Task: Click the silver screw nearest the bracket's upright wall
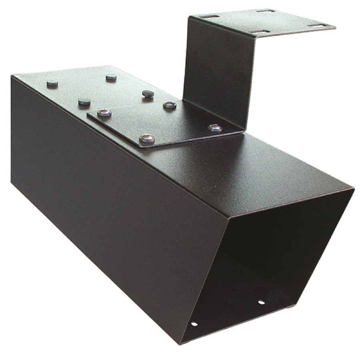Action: pyautogui.click(x=214, y=128)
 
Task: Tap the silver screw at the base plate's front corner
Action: pyautogui.click(x=147, y=139)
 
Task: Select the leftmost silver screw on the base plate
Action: pyautogui.click(x=104, y=113)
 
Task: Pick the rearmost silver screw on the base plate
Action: pyautogui.click(x=170, y=105)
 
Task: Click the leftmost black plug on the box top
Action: pyautogui.click(x=52, y=84)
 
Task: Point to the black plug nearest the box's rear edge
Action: pyautogui.click(x=111, y=77)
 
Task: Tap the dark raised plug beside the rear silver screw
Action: pyautogui.click(x=148, y=94)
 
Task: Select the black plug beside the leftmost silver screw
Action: pyautogui.click(x=84, y=102)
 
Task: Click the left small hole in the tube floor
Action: pyautogui.click(x=194, y=324)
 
